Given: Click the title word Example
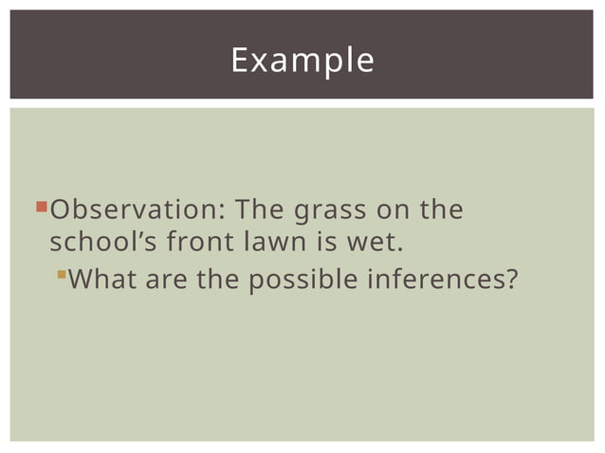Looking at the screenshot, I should click(302, 60).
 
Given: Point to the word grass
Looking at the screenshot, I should click(332, 209).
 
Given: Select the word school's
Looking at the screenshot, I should click(103, 243).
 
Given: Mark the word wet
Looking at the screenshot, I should click(370, 243).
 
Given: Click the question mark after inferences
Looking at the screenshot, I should click(514, 281).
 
